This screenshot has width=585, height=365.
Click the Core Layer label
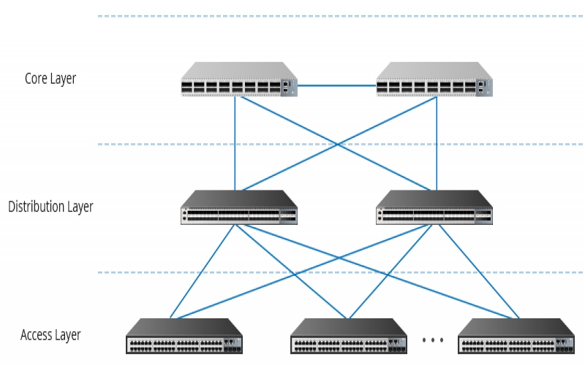pos(50,79)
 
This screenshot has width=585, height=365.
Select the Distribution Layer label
pos(50,207)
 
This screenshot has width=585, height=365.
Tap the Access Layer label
pos(50,336)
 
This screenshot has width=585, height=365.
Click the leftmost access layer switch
pos(185,337)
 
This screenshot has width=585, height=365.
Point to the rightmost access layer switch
pos(516,337)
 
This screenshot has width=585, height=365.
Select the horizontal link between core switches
pos(337,86)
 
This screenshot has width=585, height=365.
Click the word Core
pos(37,79)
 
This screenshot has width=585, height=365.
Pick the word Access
pos(36,336)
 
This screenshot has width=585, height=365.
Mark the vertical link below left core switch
pos(235,142)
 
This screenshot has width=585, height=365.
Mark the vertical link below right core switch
pos(437,142)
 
